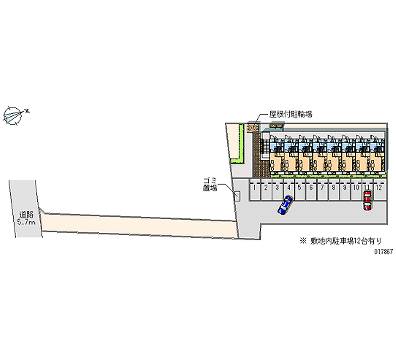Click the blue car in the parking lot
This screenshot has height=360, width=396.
click(285, 205)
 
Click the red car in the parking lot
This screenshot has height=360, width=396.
click(367, 201)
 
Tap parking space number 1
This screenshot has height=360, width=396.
click(254, 189)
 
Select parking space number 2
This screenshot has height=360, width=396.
click(266, 189)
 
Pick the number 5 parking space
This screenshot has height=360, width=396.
click(299, 189)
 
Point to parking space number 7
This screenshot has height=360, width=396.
click(322, 189)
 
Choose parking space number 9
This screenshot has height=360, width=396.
click(345, 189)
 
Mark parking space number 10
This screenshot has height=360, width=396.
click(356, 189)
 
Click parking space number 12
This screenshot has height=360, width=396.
click(378, 189)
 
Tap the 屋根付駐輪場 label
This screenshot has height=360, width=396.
click(290, 114)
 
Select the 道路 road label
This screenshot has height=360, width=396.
click(26, 214)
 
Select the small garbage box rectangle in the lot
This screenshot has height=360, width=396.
click(237, 196)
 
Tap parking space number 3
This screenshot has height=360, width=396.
click(277, 189)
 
